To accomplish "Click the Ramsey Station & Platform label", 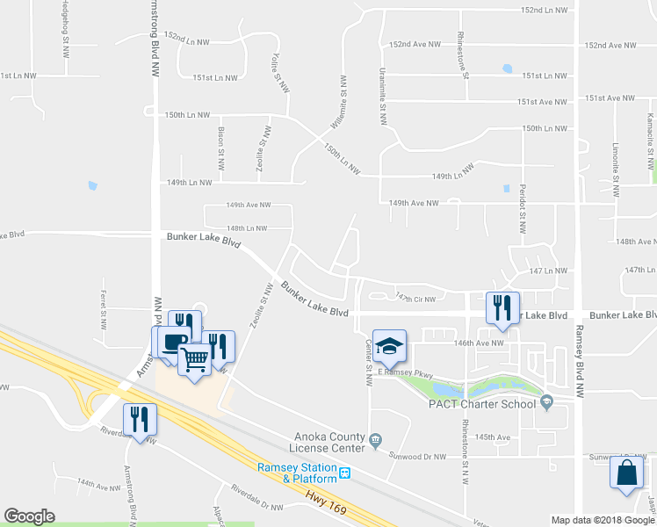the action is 297,473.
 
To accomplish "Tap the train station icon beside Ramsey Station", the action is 345,473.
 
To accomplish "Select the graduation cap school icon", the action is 389,346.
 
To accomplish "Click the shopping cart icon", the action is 194,357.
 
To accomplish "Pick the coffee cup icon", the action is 171,341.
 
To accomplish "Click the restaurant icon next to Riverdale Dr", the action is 140,419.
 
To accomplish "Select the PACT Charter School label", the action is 481,404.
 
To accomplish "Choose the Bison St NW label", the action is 221,148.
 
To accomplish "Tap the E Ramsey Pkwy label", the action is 407,374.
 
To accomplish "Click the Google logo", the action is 29,516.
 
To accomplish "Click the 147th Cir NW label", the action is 415,299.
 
